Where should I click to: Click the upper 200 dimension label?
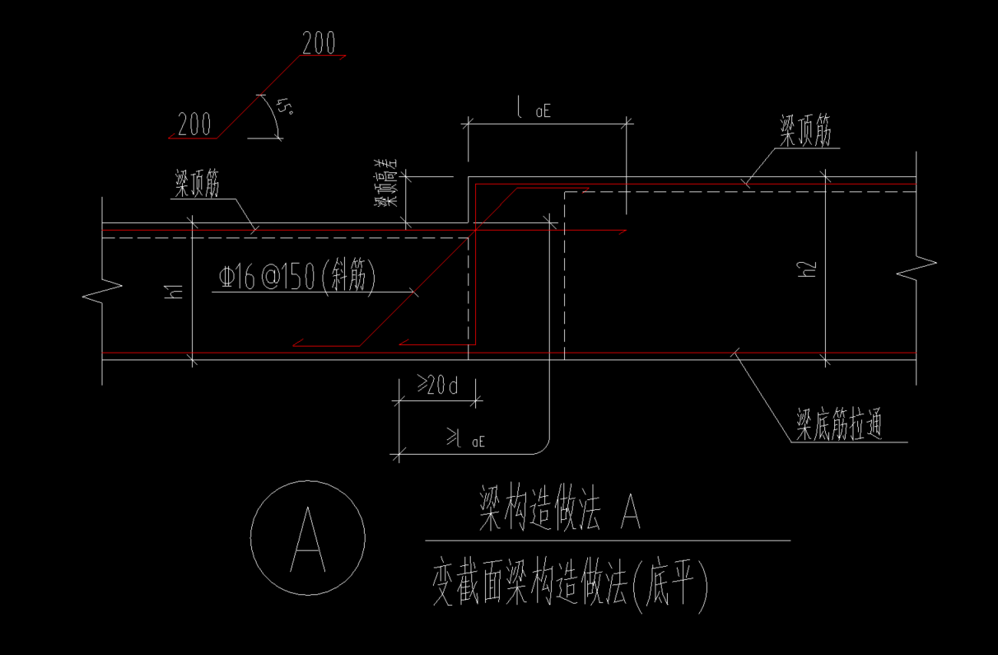tap(319, 44)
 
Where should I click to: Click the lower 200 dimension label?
tap(194, 125)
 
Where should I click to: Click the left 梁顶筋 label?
tap(197, 185)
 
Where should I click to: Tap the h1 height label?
tap(174, 291)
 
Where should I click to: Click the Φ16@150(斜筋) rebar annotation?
tap(297, 278)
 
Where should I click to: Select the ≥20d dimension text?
tap(437, 385)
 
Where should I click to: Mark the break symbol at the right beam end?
tap(916, 268)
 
